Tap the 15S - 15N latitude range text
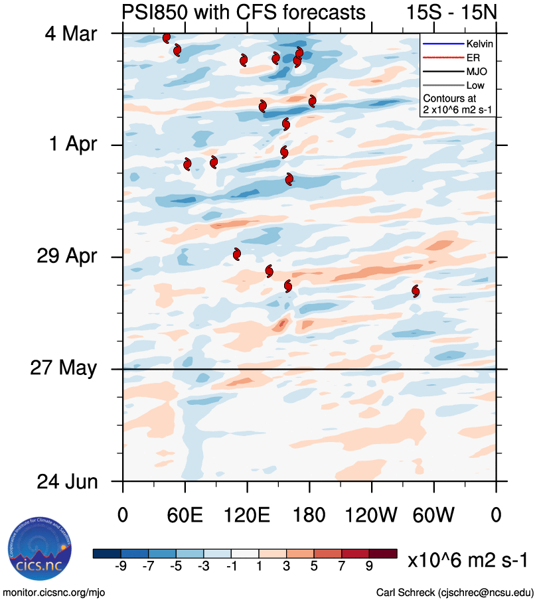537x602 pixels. pyautogui.click(x=451, y=13)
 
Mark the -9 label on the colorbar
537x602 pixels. pyautogui.click(x=120, y=565)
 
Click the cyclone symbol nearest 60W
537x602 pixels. pyautogui.click(x=416, y=291)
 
